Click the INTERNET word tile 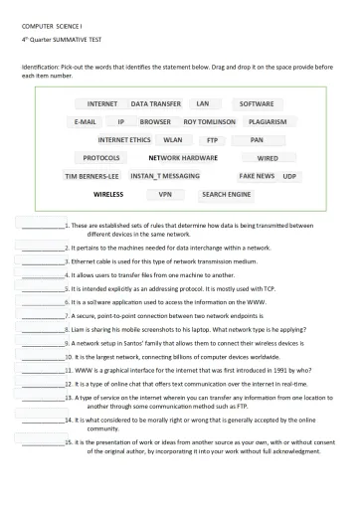point(102,103)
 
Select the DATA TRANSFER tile point(156,103)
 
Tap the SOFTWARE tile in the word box point(258,103)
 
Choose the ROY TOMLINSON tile point(209,121)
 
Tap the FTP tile point(211,140)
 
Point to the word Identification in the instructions point(41,66)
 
